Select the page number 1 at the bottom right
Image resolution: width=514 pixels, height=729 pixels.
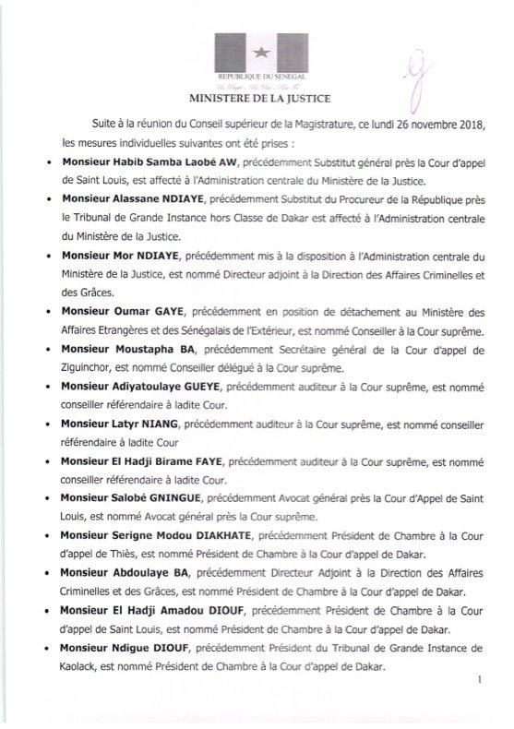coord(482,704)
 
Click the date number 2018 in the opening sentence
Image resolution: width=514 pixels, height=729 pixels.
coord(467,123)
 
